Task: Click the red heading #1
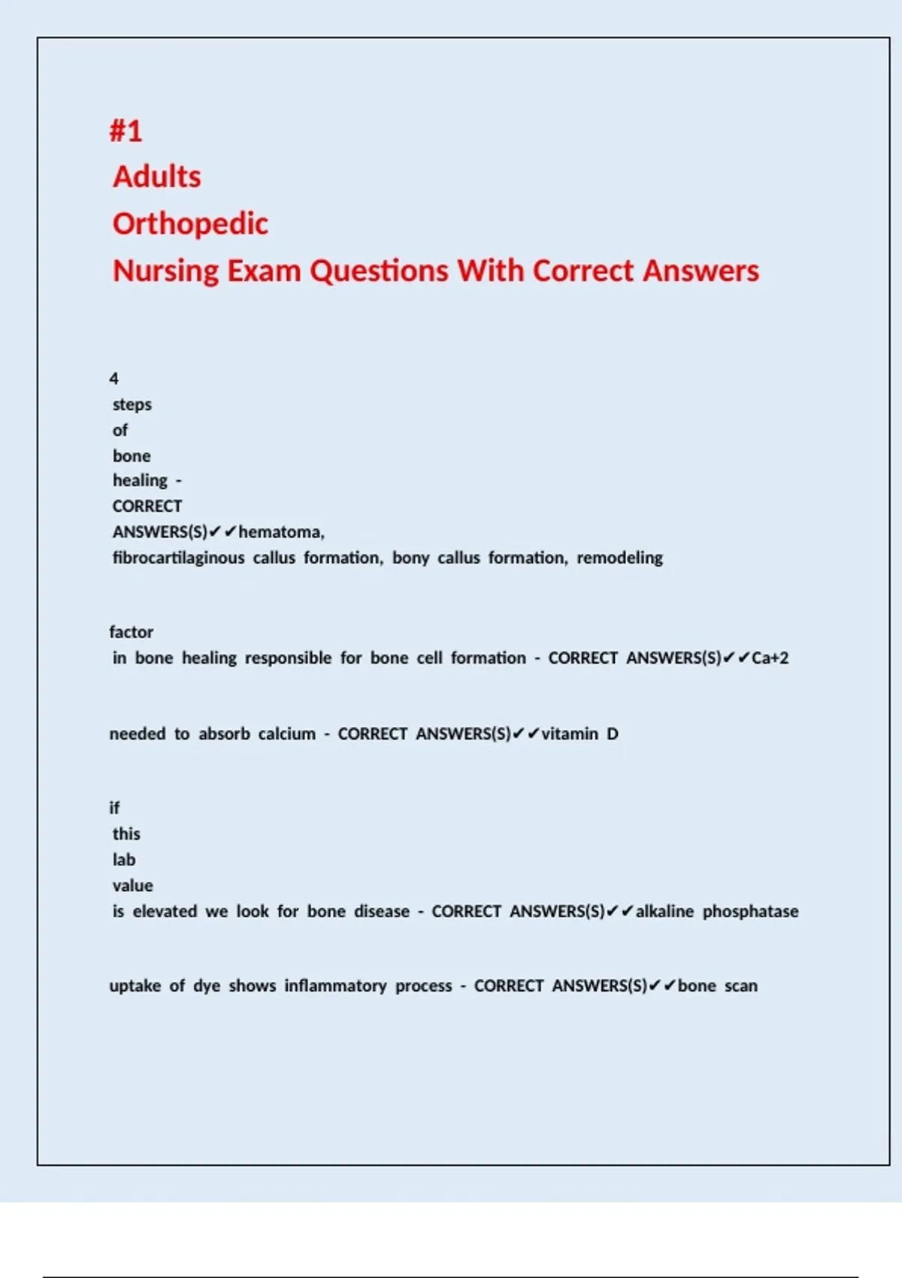(x=126, y=131)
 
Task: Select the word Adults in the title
(x=157, y=177)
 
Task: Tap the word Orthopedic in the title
(x=190, y=224)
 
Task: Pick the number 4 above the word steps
(x=114, y=378)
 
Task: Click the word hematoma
(x=281, y=532)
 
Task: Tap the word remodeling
(x=619, y=558)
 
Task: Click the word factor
(x=131, y=632)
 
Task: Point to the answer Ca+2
(x=770, y=658)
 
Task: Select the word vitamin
(x=570, y=734)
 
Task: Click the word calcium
(x=286, y=734)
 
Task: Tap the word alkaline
(x=664, y=911)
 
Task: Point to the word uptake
(x=135, y=986)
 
